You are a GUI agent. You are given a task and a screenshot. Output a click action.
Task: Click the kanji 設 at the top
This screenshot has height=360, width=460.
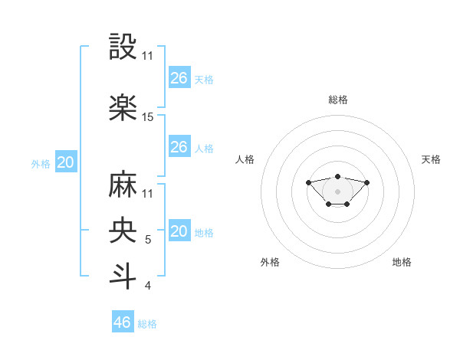pyautogui.click(x=123, y=47)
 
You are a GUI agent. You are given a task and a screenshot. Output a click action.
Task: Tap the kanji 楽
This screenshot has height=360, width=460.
pyautogui.click(x=123, y=107)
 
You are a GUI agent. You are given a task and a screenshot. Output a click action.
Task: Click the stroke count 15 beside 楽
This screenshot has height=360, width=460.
pyautogui.click(x=148, y=117)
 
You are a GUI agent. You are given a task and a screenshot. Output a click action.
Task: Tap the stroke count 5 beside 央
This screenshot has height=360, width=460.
pyautogui.click(x=148, y=241)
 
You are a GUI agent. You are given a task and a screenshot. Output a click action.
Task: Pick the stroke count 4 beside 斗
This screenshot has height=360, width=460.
pyautogui.click(x=148, y=286)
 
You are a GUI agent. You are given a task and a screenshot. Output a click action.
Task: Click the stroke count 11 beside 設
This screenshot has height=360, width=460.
pyautogui.click(x=148, y=57)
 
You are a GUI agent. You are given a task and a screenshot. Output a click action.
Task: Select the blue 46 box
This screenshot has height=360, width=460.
pyautogui.click(x=123, y=322)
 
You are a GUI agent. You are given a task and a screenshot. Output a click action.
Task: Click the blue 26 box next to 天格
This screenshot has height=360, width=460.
pyautogui.click(x=179, y=78)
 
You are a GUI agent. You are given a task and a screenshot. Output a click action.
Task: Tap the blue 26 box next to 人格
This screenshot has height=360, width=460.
pyautogui.click(x=179, y=147)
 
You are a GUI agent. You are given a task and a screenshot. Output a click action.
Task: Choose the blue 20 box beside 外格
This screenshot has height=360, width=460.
pyautogui.click(x=66, y=162)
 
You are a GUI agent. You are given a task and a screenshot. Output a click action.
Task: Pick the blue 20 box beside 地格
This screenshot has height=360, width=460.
pyautogui.click(x=179, y=231)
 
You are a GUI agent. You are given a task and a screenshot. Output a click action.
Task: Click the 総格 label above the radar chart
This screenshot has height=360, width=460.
pyautogui.click(x=338, y=100)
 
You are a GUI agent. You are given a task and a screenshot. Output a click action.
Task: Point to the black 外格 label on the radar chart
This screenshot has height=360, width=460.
pyautogui.click(x=270, y=262)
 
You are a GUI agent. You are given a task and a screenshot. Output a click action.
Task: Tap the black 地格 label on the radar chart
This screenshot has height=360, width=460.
pyautogui.click(x=402, y=262)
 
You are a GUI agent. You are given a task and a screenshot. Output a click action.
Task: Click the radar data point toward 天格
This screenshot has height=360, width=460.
pyautogui.click(x=366, y=182)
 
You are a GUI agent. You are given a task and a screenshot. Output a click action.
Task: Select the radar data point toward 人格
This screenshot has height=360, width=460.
pyautogui.click(x=308, y=182)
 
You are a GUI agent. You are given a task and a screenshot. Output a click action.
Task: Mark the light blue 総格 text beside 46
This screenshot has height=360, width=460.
pyautogui.click(x=147, y=324)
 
